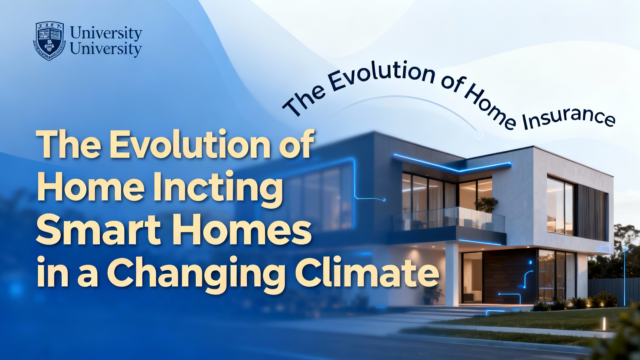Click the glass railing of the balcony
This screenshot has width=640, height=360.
pyautogui.click(x=448, y=218)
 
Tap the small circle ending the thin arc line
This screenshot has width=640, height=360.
pyautogui.click(x=479, y=134)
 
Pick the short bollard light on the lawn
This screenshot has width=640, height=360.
pyautogui.click(x=604, y=322)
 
